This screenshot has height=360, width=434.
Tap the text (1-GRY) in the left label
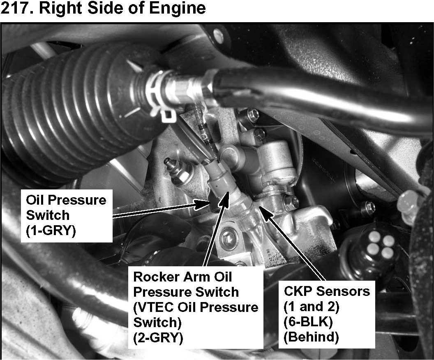(x=51, y=231)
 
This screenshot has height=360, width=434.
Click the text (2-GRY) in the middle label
(x=158, y=338)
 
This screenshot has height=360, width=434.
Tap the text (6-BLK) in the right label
(x=308, y=322)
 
